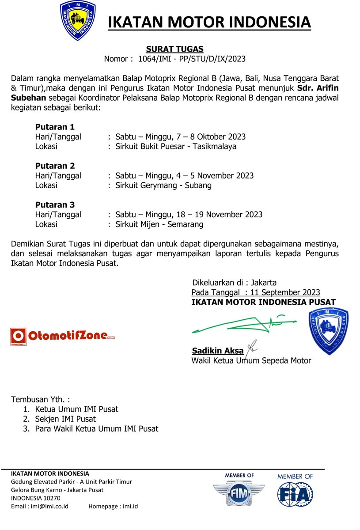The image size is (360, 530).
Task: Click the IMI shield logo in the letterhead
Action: (78, 21)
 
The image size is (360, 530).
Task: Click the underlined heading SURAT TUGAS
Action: (174, 49)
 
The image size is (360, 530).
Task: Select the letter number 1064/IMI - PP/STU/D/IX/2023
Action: (192, 59)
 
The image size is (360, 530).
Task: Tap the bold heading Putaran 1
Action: (55, 127)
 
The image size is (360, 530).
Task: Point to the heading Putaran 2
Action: (55, 166)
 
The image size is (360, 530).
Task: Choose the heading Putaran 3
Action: (55, 205)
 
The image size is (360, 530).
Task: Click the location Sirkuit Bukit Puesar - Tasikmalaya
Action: (176, 146)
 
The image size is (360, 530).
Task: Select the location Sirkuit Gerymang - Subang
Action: (163, 185)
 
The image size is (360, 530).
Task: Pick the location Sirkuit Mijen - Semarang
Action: (159, 224)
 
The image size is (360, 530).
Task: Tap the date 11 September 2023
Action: (285, 292)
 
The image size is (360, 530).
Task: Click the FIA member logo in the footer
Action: (295, 492)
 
